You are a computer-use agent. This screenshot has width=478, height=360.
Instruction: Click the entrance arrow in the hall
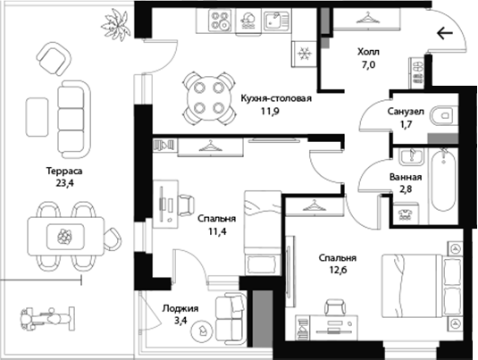pos(445,33)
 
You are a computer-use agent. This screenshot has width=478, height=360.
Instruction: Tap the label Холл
pos(368,52)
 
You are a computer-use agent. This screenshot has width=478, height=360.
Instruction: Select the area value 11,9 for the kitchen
pos(270,112)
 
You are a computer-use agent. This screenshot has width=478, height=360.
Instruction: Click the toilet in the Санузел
pos(444,115)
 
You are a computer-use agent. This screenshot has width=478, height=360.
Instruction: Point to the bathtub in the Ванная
pos(443,180)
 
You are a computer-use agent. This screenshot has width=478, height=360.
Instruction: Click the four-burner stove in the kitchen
pos(220,21)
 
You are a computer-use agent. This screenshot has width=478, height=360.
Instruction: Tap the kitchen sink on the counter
pos(276,21)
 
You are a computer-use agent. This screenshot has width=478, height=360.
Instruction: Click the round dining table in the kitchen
pos(209,98)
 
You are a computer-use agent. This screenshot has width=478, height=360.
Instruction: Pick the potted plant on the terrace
pos(116,24)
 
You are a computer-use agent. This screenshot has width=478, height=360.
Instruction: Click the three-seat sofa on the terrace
pos(74,119)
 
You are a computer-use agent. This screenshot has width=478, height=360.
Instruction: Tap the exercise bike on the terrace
pos(47,319)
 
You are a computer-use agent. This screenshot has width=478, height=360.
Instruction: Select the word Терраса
pos(64,171)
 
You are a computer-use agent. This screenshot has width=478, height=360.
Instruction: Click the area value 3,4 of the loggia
pos(181,321)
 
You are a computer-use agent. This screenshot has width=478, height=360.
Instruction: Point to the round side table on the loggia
pos(203,331)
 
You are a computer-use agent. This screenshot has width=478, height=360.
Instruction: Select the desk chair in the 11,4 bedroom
pos(186,205)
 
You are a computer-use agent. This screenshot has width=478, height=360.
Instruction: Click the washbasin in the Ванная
pos(412,156)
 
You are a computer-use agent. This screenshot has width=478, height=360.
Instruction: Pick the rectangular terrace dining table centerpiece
pos(65,237)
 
